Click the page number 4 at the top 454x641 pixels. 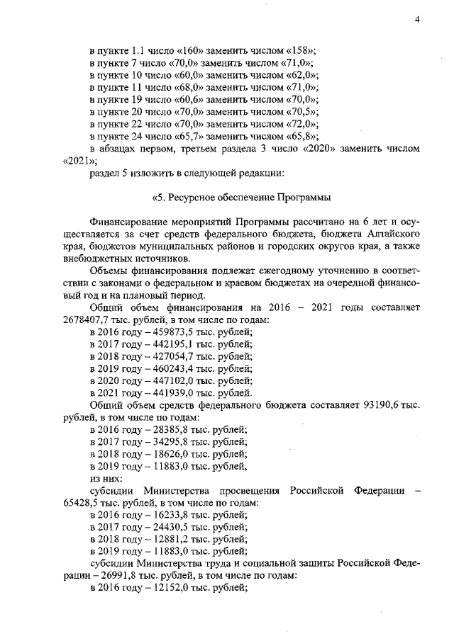(x=418, y=19)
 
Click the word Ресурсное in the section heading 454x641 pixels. (x=192, y=195)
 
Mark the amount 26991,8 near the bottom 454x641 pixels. (x=112, y=576)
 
